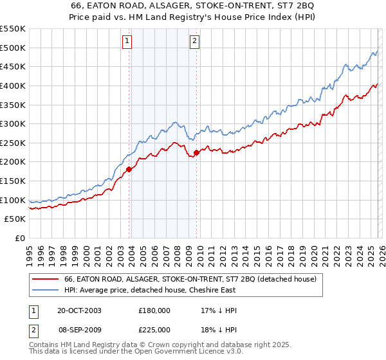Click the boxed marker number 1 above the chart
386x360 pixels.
[127, 42]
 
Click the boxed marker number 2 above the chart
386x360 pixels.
[194, 42]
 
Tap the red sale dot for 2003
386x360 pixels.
[129, 170]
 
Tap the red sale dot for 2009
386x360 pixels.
[196, 152]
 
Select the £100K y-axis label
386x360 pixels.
[13, 200]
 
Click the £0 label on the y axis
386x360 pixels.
[20, 239]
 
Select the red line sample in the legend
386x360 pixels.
[44, 280]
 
